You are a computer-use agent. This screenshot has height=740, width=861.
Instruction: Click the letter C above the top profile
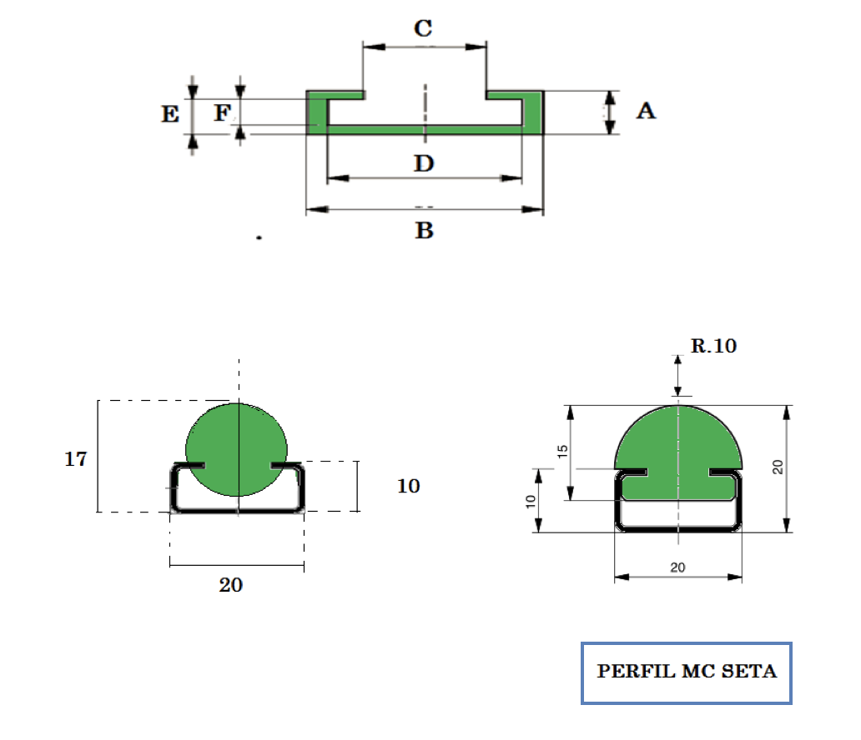(x=423, y=28)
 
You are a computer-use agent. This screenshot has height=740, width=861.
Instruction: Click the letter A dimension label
(x=647, y=111)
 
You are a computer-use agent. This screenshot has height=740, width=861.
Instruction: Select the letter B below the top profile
(x=425, y=230)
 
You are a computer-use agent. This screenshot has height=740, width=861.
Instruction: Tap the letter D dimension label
(x=424, y=163)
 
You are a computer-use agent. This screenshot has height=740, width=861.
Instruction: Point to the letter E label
(x=170, y=114)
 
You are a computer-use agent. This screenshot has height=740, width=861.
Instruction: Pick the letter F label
(x=223, y=113)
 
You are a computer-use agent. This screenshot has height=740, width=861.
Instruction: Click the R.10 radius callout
(x=713, y=346)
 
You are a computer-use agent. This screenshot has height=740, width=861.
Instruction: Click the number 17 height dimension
(x=76, y=458)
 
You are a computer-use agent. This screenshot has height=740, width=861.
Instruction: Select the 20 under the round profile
(x=230, y=585)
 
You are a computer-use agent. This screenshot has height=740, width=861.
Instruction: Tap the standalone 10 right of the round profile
(x=409, y=486)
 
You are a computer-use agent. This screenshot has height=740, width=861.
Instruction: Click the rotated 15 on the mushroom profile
(x=561, y=452)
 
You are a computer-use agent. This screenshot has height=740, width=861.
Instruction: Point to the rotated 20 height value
(x=778, y=467)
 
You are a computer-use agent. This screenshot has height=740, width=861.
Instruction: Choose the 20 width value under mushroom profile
(x=677, y=567)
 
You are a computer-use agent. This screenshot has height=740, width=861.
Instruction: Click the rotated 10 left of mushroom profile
(x=531, y=502)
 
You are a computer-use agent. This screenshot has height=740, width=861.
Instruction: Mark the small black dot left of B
(x=259, y=237)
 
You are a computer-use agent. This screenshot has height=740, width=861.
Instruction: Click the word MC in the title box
(x=698, y=672)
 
